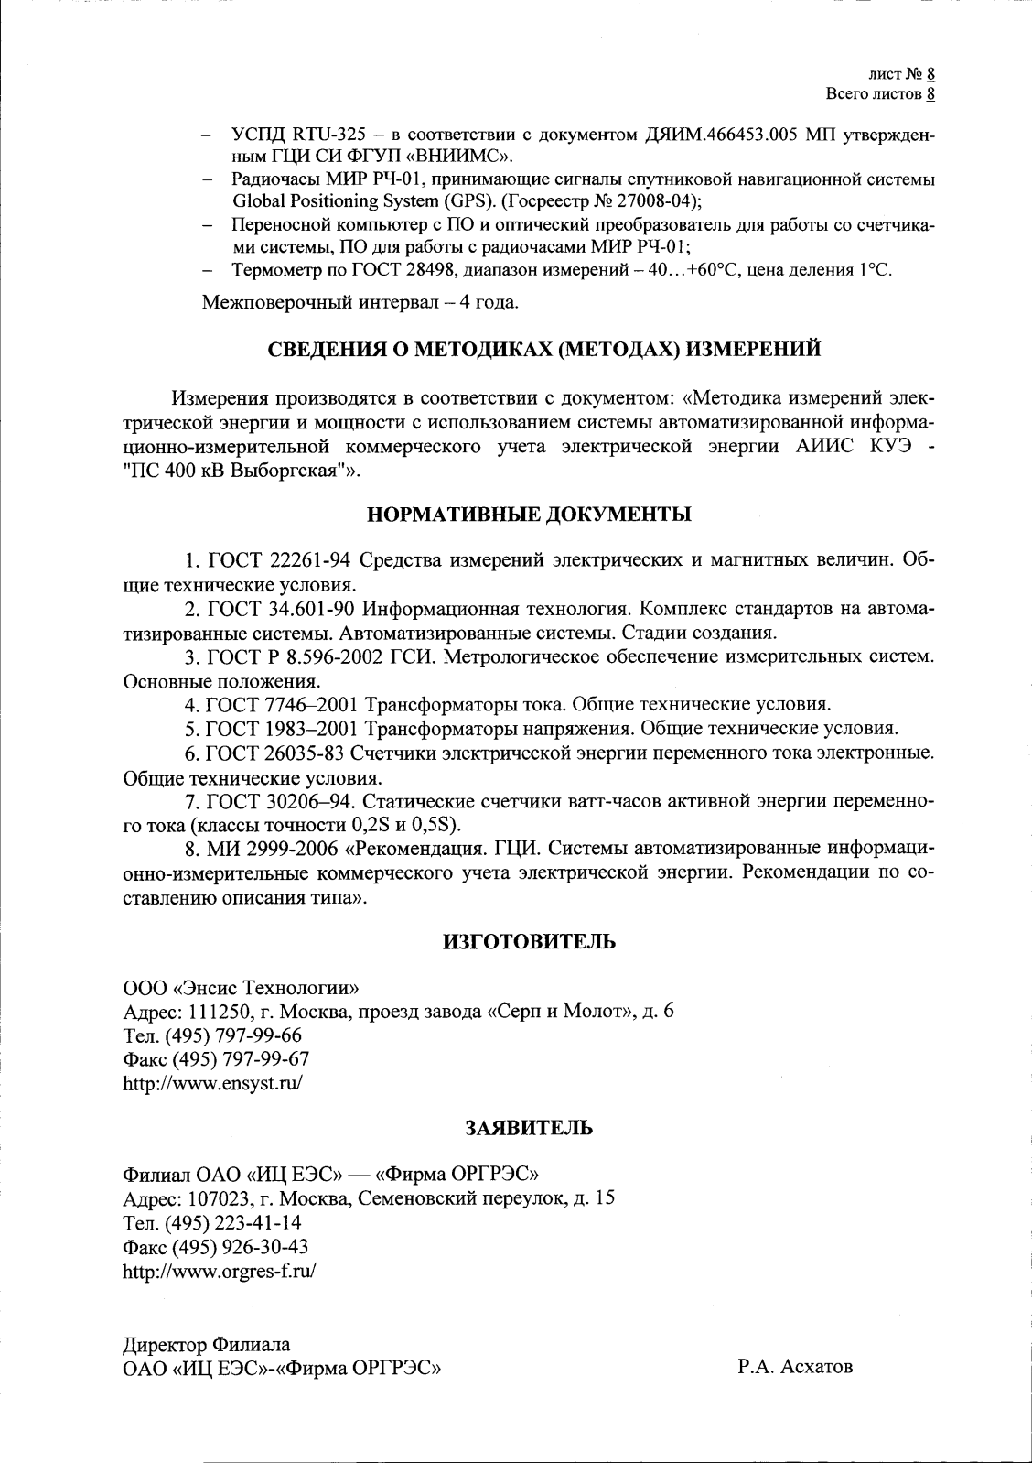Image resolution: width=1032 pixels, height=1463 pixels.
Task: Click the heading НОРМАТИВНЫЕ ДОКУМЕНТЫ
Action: (529, 515)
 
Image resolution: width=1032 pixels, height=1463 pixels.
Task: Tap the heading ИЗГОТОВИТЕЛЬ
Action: (529, 942)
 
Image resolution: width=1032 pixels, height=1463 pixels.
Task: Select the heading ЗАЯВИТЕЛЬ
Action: (529, 1128)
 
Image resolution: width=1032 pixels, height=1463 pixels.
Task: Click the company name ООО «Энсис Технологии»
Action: (241, 988)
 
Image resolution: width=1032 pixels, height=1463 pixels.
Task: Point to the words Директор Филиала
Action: (207, 1345)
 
